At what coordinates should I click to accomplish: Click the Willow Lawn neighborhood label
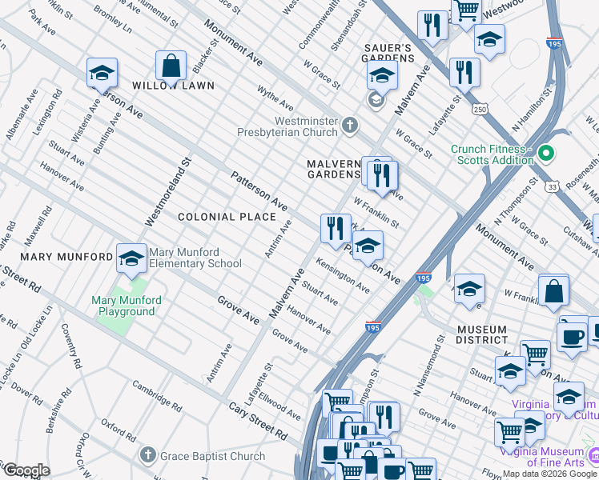(174, 86)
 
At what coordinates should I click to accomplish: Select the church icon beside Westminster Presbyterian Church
(349, 126)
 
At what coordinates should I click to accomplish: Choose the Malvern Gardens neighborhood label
(334, 169)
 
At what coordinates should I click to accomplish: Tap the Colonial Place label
(215, 217)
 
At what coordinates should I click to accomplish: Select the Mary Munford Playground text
(127, 306)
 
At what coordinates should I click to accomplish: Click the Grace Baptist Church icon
(147, 456)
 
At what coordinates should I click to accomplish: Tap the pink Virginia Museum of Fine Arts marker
(593, 454)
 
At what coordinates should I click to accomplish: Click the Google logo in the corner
(26, 470)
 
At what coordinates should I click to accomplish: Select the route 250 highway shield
(480, 108)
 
